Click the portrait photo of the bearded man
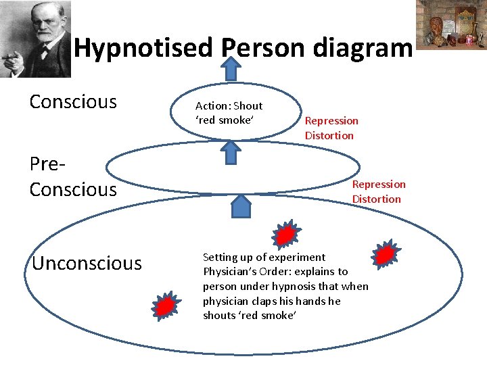(35, 39)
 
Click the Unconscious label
(87, 263)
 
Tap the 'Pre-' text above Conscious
(49, 164)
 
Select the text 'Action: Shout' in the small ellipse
(229, 106)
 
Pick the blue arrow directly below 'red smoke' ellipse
(231, 153)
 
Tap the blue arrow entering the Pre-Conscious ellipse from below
(241, 205)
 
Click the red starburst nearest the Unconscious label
(164, 306)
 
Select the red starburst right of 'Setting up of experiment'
(385, 253)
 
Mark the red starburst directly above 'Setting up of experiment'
(286, 235)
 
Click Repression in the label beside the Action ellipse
(331, 121)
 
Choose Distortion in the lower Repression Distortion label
(376, 199)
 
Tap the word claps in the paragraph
(260, 301)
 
